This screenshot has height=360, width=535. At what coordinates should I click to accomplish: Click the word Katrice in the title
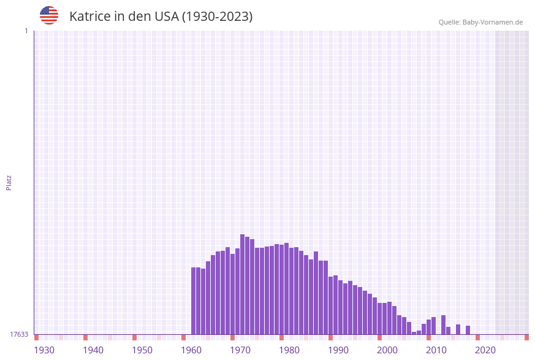pyautogui.click(x=89, y=17)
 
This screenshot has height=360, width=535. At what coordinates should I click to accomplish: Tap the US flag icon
pyautogui.click(x=49, y=15)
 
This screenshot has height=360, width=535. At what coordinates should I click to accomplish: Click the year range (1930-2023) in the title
pyautogui.click(x=217, y=17)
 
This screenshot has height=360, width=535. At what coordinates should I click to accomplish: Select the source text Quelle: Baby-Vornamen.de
pyautogui.click(x=480, y=22)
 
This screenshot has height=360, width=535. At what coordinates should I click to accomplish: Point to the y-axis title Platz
pyautogui.click(x=9, y=182)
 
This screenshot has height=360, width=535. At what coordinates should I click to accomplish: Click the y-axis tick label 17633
pyautogui.click(x=19, y=334)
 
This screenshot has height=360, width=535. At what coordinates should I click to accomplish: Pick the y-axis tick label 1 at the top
pyautogui.click(x=26, y=31)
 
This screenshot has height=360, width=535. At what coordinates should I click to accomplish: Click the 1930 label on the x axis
pyautogui.click(x=44, y=350)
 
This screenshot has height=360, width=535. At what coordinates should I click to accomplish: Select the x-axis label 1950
pyautogui.click(x=142, y=350)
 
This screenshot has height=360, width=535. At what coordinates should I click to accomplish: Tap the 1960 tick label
pyautogui.click(x=191, y=350)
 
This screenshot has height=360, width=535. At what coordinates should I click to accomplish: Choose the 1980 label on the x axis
pyautogui.click(x=289, y=350)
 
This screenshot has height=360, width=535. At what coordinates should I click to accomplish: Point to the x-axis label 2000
pyautogui.click(x=387, y=350)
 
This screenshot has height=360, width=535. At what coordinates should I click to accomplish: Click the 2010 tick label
pyautogui.click(x=436, y=350)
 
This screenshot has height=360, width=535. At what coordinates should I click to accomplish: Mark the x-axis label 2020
pyautogui.click(x=485, y=350)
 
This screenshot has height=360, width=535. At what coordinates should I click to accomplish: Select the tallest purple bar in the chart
pyautogui.click(x=243, y=284)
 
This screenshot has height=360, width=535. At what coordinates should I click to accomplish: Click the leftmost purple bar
pyautogui.click(x=194, y=301)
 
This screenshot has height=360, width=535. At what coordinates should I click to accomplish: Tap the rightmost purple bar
pyautogui.click(x=468, y=330)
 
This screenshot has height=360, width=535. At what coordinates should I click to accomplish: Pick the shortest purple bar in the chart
pyautogui.click(x=414, y=333)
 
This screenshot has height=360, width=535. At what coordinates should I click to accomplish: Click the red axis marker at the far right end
pyautogui.click(x=526, y=337)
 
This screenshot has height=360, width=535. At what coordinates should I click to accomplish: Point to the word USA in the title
pyautogui.click(x=167, y=17)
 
